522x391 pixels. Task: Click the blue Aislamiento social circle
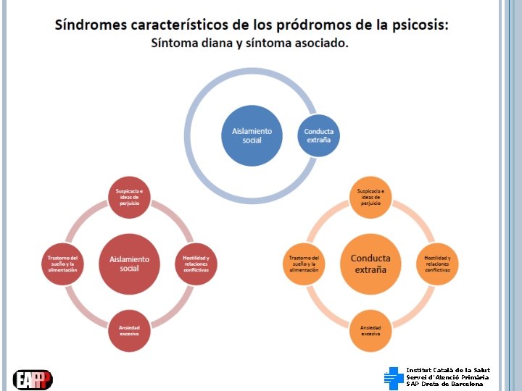252,135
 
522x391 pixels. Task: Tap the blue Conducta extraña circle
318,135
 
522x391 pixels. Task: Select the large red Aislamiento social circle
129,264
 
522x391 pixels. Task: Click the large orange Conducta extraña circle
370,264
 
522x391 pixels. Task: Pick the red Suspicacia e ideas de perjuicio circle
129,197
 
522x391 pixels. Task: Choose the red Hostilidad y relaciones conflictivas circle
196,264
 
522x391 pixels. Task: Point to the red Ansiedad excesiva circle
129,330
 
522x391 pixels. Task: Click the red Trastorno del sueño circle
62,264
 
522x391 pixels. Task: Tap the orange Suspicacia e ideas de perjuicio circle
370,197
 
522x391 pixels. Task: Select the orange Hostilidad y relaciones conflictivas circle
437,264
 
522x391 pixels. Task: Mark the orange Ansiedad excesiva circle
370,330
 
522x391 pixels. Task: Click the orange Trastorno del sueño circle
304,264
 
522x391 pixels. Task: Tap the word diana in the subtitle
218,43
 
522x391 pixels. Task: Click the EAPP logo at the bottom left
33,379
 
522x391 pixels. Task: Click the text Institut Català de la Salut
448,370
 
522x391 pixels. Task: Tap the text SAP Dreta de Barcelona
444,384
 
